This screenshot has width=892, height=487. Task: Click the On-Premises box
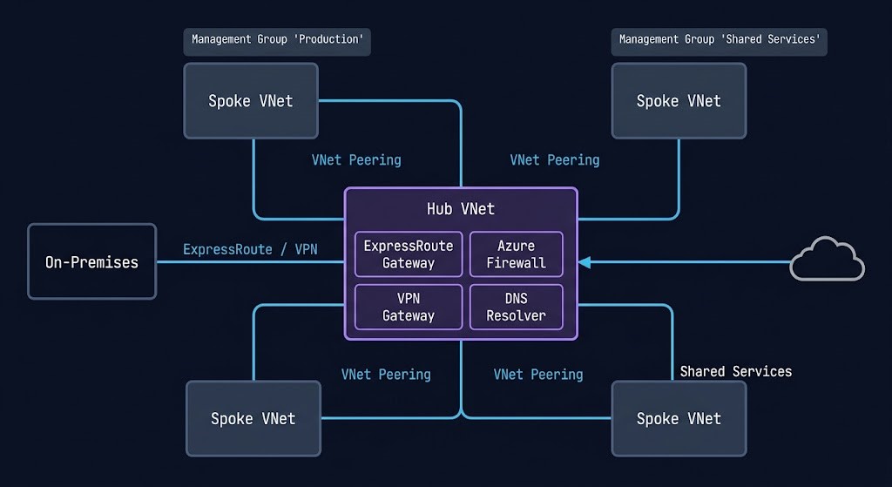(91, 261)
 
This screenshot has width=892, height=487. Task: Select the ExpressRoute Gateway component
(409, 254)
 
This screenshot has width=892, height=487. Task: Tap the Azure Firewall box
(517, 254)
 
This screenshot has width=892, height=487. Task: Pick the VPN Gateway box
(409, 307)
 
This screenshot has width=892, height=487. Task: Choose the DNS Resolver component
(517, 307)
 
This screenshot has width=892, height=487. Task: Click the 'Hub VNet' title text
(460, 209)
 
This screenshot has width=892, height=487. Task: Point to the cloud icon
(827, 260)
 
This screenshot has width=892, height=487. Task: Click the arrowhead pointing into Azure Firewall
(584, 261)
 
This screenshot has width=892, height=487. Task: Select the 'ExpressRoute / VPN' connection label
(250, 250)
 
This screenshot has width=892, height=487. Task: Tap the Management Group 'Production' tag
(276, 39)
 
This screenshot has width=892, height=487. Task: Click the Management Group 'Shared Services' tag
(719, 39)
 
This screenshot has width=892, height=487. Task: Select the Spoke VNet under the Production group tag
(251, 101)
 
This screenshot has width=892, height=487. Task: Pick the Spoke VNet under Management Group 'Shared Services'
(679, 101)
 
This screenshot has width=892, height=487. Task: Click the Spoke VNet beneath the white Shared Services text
(679, 419)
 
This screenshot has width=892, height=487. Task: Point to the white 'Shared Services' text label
(735, 372)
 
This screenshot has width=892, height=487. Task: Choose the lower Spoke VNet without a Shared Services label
(253, 419)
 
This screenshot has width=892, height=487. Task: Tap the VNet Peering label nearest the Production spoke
(356, 160)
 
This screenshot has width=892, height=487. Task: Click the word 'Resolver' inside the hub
(517, 315)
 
